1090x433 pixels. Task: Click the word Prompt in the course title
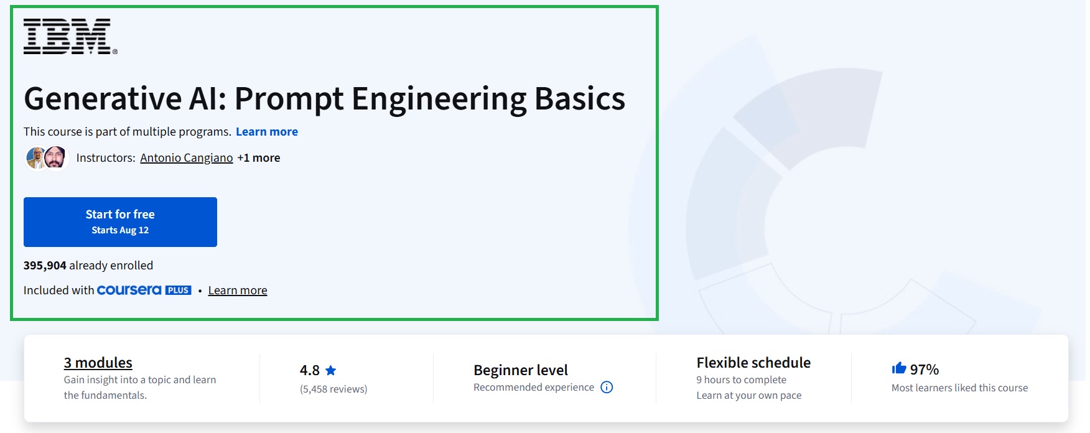tap(289, 100)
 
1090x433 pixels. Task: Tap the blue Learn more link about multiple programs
tap(266, 132)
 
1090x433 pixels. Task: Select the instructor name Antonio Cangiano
tap(186, 158)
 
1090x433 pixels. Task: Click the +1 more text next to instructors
tap(258, 158)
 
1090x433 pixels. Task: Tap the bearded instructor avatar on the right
tap(55, 157)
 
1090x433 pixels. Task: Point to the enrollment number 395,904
tap(45, 266)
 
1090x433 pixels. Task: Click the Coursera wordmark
tap(129, 291)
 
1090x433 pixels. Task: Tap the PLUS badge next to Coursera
tap(179, 291)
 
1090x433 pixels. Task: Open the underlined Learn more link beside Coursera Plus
tap(237, 291)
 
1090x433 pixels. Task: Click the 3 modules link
tap(98, 363)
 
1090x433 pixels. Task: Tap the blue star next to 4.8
tap(331, 371)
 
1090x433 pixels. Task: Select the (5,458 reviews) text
tap(333, 389)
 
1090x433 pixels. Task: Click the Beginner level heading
tap(520, 370)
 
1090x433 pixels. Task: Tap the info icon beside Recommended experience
tap(607, 388)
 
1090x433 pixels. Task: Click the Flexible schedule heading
tap(753, 363)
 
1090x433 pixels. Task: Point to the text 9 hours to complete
tap(741, 380)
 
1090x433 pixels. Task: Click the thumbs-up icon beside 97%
tap(898, 368)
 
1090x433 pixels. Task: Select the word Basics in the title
tap(579, 100)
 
